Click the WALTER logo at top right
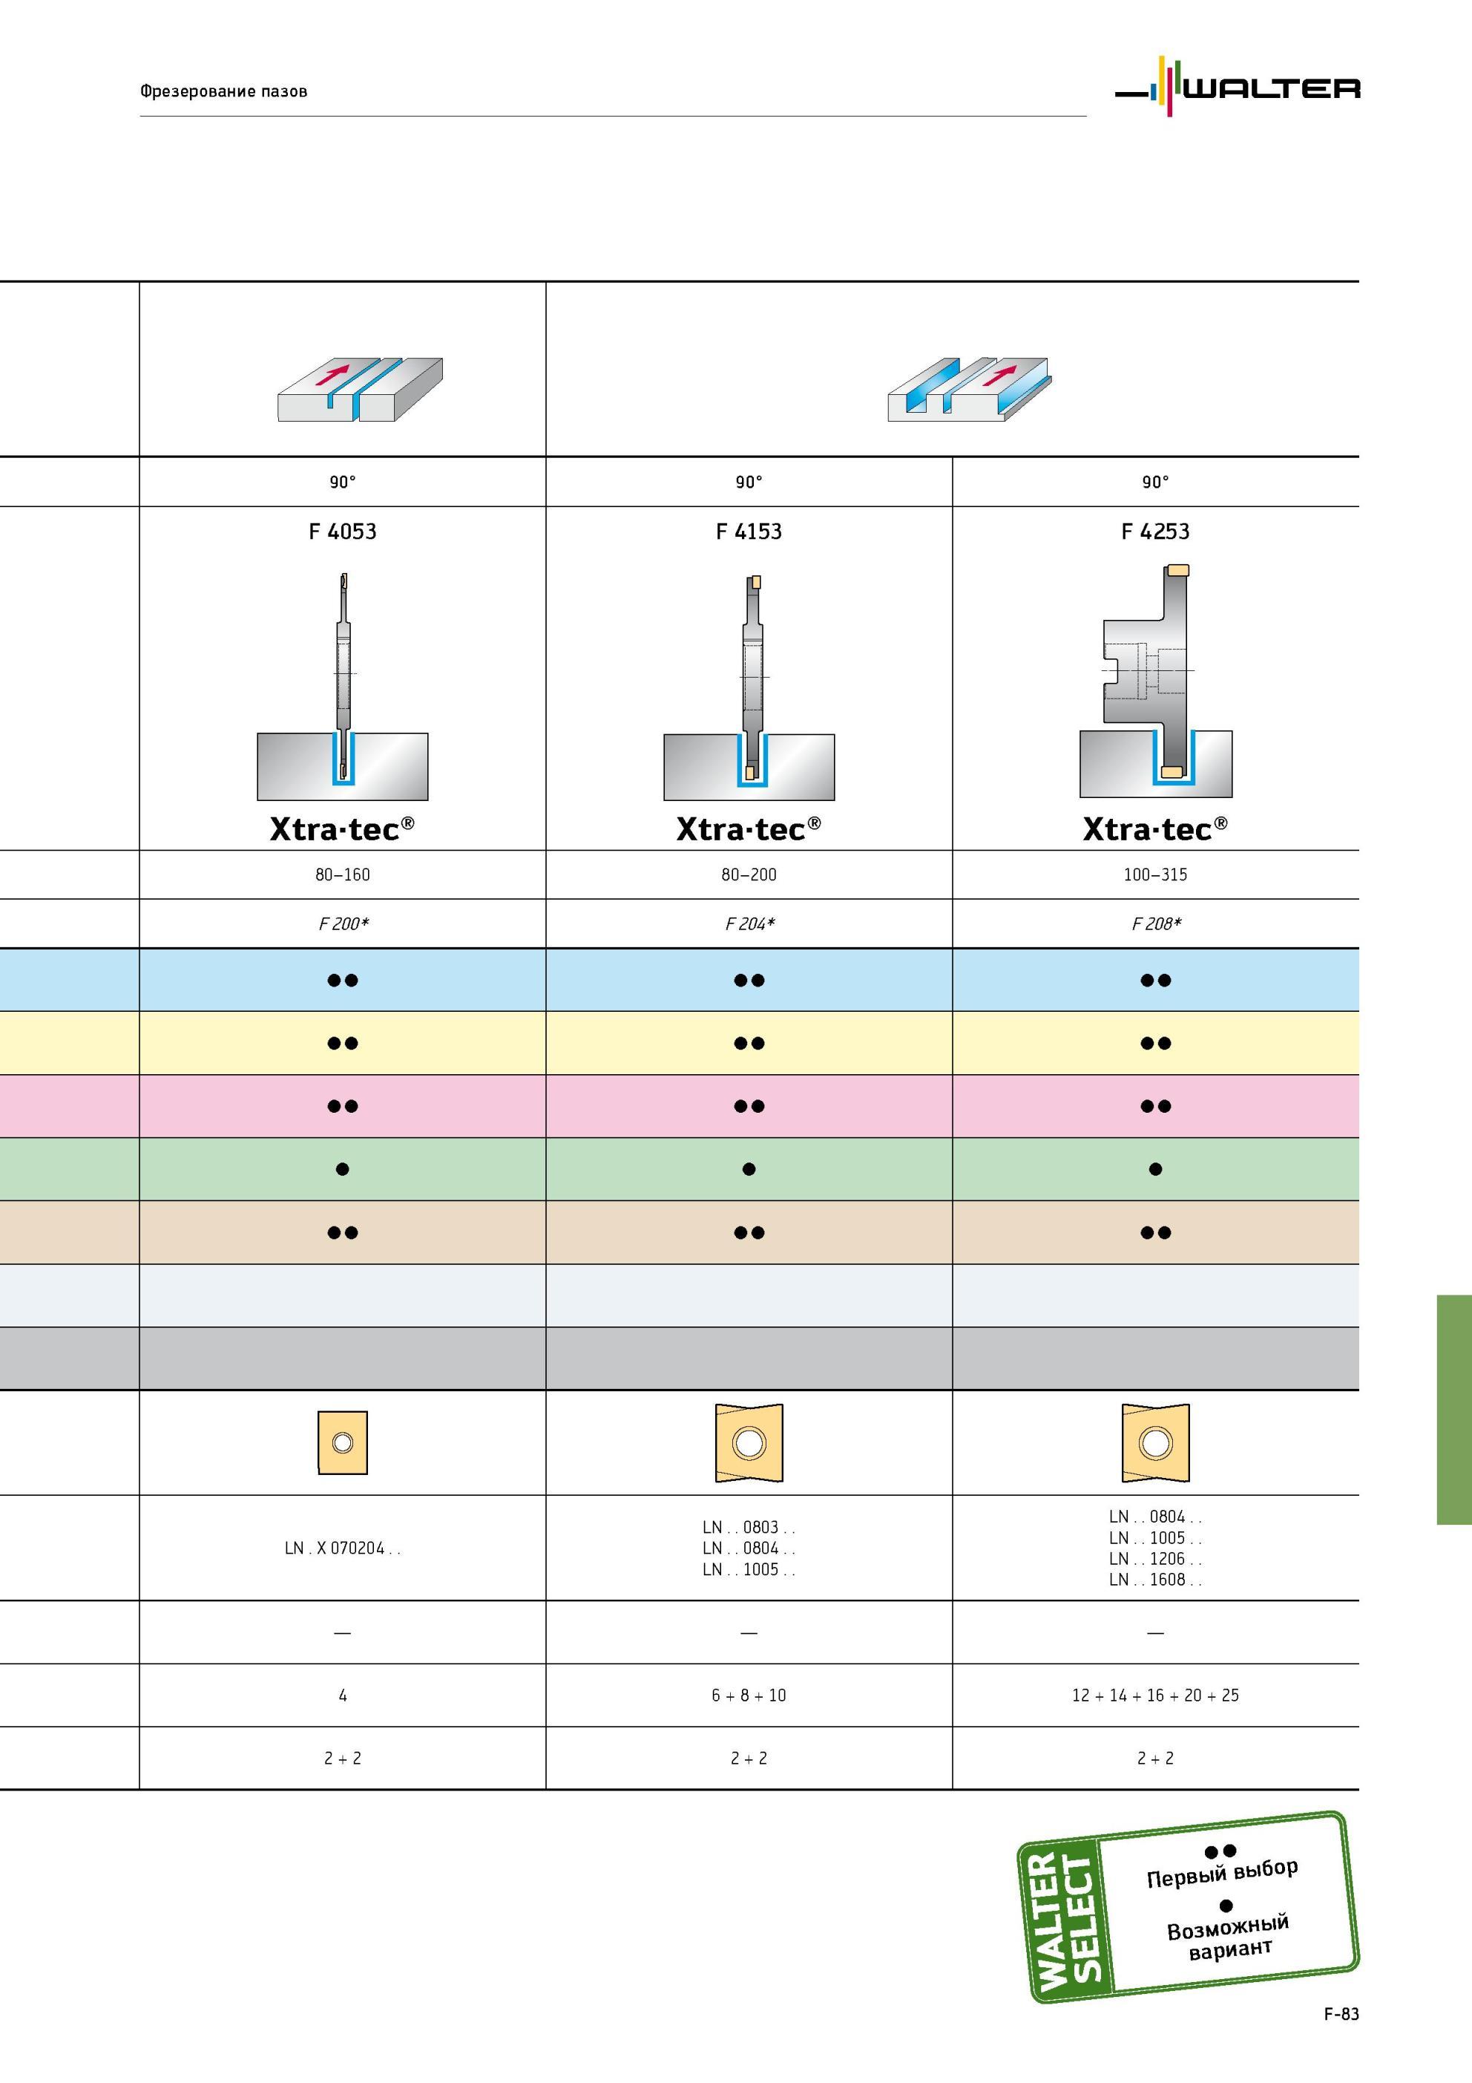point(1237,87)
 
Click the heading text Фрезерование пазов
point(223,91)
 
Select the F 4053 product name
point(342,532)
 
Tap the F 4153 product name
point(749,532)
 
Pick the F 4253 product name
point(1154,532)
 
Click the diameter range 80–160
point(343,874)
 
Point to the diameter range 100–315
point(1155,874)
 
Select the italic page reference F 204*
point(750,923)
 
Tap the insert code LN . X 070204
point(342,1548)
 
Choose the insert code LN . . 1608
point(1154,1580)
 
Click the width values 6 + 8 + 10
point(749,1695)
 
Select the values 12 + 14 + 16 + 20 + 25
point(1155,1695)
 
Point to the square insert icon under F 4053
point(343,1442)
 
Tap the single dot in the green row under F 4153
point(749,1169)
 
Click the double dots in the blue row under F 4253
point(1155,980)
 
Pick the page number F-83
point(1341,2013)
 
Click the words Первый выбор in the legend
point(1222,1872)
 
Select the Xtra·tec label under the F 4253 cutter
point(1154,828)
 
